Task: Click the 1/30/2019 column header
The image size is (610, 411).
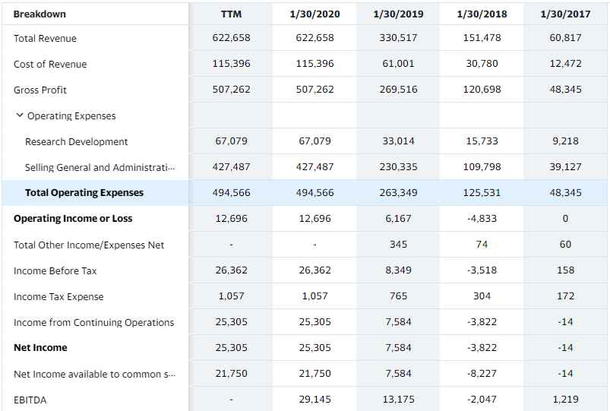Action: (398, 14)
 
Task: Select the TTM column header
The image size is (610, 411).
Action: (231, 14)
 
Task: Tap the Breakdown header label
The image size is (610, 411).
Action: (40, 14)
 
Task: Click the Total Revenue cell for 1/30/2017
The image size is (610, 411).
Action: (565, 38)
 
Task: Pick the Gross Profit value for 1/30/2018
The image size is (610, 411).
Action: (482, 90)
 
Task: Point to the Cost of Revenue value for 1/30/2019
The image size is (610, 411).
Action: (398, 64)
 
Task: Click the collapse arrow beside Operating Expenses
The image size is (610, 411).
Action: (19, 115)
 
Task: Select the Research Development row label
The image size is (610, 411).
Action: (76, 141)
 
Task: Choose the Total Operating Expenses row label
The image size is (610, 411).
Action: (84, 193)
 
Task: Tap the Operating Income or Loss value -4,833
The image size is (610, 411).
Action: (482, 219)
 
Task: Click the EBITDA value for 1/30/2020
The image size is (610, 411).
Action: (314, 400)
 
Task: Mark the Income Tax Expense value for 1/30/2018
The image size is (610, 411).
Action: (482, 296)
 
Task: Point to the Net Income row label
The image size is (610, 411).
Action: (40, 348)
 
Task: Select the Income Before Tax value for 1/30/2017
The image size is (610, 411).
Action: (565, 270)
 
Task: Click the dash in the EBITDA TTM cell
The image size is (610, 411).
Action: (231, 400)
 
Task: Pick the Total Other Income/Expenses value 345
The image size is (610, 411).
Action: (398, 245)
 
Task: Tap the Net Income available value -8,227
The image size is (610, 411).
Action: (482, 374)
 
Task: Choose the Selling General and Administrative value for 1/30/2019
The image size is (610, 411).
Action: (398, 167)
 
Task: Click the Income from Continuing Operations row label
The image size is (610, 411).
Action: (93, 322)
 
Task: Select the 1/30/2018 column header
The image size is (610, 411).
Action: (482, 14)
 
